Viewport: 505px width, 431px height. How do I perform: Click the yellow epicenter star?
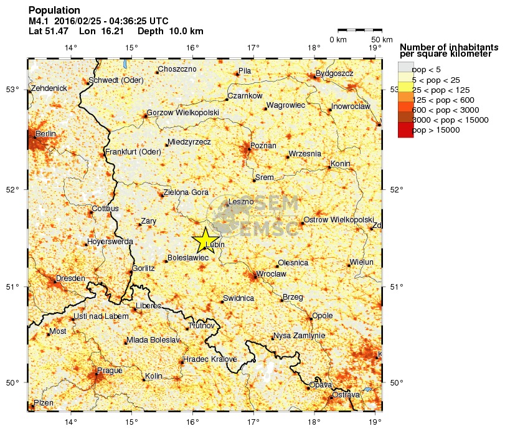pos(205,240)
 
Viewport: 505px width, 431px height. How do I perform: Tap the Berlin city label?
pos(45,134)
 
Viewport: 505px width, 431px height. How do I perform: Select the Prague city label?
pos(110,371)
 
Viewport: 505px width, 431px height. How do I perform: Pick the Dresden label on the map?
pos(70,278)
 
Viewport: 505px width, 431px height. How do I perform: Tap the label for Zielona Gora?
pos(186,192)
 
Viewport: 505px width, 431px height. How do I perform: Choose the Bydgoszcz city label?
pos(334,73)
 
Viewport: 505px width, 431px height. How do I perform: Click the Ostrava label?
pos(346,395)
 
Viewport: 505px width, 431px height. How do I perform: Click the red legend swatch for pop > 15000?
pos(405,130)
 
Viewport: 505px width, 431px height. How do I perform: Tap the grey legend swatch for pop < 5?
pos(405,69)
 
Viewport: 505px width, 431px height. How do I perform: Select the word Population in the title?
pos(54,11)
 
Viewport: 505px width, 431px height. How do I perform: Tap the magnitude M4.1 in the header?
pos(40,21)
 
